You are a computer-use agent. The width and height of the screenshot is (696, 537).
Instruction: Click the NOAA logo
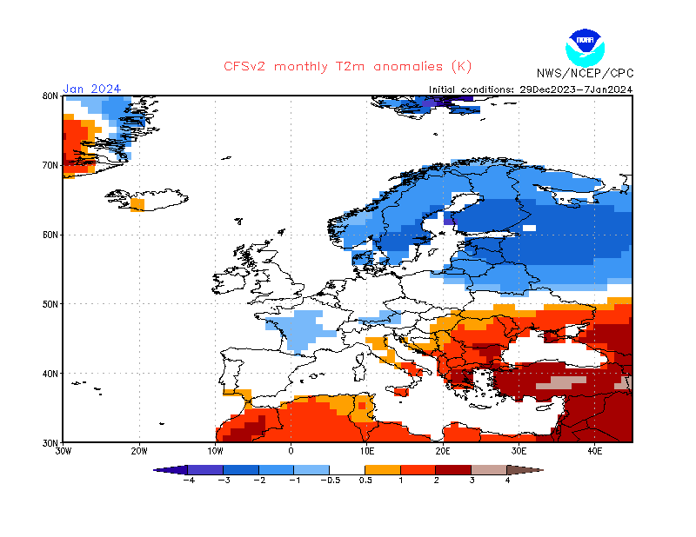(584, 46)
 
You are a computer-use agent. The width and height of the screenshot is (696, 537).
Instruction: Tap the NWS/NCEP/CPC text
(584, 73)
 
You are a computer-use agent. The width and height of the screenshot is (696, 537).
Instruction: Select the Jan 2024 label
(91, 89)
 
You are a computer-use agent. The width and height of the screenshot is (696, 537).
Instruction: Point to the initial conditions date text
(531, 89)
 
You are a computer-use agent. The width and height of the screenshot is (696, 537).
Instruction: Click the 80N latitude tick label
(50, 96)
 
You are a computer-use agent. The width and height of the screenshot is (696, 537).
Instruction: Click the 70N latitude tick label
(50, 165)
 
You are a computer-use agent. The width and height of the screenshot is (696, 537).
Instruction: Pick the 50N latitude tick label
(50, 304)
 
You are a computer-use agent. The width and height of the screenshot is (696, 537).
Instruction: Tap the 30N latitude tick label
(50, 442)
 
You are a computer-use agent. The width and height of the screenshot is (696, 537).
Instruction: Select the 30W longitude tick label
(63, 452)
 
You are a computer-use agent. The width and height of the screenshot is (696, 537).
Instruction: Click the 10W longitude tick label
(215, 452)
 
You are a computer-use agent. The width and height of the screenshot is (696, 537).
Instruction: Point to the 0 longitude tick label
(291, 452)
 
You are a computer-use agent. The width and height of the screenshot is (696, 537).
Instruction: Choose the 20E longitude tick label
(443, 452)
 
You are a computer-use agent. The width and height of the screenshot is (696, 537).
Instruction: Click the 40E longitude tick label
(595, 452)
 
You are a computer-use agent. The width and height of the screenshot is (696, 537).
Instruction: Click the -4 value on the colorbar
(188, 480)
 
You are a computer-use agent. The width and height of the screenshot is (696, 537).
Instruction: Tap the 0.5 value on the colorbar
(366, 480)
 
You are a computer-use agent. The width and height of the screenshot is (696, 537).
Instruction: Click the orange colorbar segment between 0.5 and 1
(384, 470)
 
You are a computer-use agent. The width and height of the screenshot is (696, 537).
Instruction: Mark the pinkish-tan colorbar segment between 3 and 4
(490, 470)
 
